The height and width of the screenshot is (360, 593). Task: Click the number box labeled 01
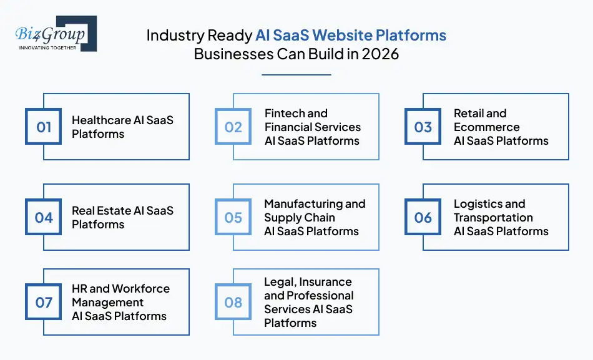click(44, 127)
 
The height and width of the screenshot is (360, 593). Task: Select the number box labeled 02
click(233, 127)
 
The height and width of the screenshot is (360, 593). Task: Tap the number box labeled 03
click(423, 127)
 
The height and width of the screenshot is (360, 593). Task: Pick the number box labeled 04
click(44, 218)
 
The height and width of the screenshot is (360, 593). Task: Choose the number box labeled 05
click(233, 218)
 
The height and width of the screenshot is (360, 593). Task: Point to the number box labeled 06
click(423, 218)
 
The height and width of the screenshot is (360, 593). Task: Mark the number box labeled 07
click(44, 303)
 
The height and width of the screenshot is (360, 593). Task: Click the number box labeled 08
click(233, 303)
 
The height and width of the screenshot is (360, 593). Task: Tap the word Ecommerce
click(486, 127)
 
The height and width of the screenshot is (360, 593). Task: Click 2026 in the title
click(380, 54)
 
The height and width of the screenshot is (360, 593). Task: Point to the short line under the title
click(296, 75)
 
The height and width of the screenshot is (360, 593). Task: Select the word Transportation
click(493, 218)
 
